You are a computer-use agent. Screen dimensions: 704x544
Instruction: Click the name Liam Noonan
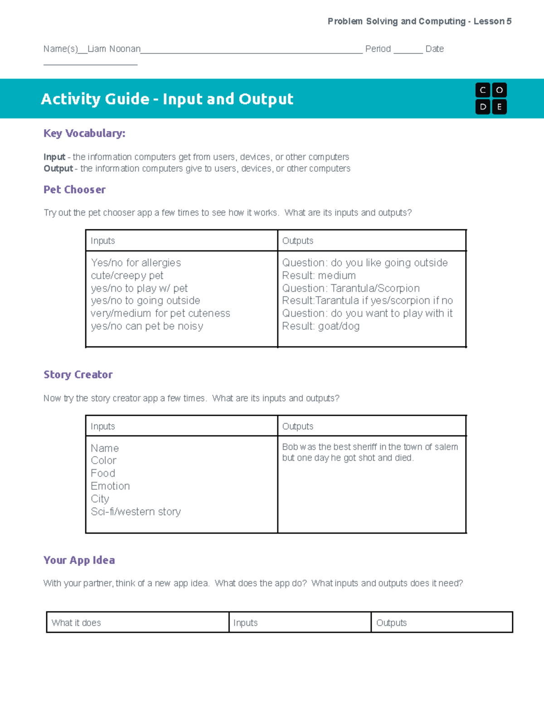(114, 49)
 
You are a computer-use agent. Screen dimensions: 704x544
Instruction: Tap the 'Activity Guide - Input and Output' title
(167, 99)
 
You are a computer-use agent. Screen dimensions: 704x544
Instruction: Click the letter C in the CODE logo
(483, 90)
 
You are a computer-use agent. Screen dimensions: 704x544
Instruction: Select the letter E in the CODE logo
(499, 107)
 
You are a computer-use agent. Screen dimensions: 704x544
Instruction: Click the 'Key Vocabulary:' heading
(84, 133)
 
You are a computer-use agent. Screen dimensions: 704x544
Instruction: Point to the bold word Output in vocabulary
(58, 169)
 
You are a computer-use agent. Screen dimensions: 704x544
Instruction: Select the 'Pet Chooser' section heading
(74, 189)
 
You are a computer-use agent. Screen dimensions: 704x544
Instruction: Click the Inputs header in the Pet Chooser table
(103, 241)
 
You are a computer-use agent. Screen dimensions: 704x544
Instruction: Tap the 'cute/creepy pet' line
(127, 276)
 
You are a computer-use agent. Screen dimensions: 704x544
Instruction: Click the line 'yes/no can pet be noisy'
(147, 326)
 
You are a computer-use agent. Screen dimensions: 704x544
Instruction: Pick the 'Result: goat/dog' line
(321, 326)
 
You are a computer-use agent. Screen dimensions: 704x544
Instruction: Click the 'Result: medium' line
(319, 276)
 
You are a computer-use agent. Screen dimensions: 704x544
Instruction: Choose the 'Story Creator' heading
(78, 374)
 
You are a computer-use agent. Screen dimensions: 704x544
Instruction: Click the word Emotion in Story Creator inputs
(110, 486)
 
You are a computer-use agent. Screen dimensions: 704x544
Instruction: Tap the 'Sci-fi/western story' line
(136, 512)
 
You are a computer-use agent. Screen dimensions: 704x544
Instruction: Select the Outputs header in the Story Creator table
(298, 426)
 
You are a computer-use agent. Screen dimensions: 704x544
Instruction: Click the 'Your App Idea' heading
(79, 560)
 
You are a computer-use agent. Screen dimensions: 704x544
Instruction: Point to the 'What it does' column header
(76, 623)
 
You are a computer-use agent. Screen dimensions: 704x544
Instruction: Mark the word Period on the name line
(378, 49)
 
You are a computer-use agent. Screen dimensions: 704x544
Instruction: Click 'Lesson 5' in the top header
(492, 21)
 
